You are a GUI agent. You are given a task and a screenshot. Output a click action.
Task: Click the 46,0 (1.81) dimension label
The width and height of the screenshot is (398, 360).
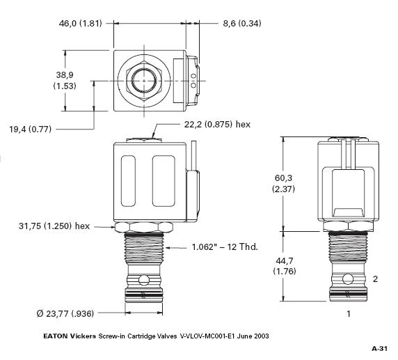[x=80, y=24]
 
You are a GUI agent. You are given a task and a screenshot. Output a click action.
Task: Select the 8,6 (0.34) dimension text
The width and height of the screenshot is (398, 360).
[x=242, y=24]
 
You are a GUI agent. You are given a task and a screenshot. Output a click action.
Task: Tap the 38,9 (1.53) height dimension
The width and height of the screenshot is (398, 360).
[x=65, y=80]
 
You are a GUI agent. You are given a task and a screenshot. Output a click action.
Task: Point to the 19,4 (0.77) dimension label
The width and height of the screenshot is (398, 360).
[x=30, y=130]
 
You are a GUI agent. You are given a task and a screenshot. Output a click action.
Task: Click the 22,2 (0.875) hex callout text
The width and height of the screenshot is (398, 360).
[x=217, y=125]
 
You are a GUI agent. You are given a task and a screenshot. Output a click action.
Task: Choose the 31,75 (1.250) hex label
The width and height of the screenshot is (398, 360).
[x=54, y=226]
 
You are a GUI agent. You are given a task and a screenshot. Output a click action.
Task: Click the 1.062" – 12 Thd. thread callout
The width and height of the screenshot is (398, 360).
[x=225, y=246]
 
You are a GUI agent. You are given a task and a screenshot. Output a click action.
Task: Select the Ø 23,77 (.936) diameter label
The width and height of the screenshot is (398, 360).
[x=65, y=314]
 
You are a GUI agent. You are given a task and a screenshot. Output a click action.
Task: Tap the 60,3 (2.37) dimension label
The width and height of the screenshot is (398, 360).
[x=283, y=183]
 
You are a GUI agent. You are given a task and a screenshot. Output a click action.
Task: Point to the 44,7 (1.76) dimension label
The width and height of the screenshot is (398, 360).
[x=285, y=266]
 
